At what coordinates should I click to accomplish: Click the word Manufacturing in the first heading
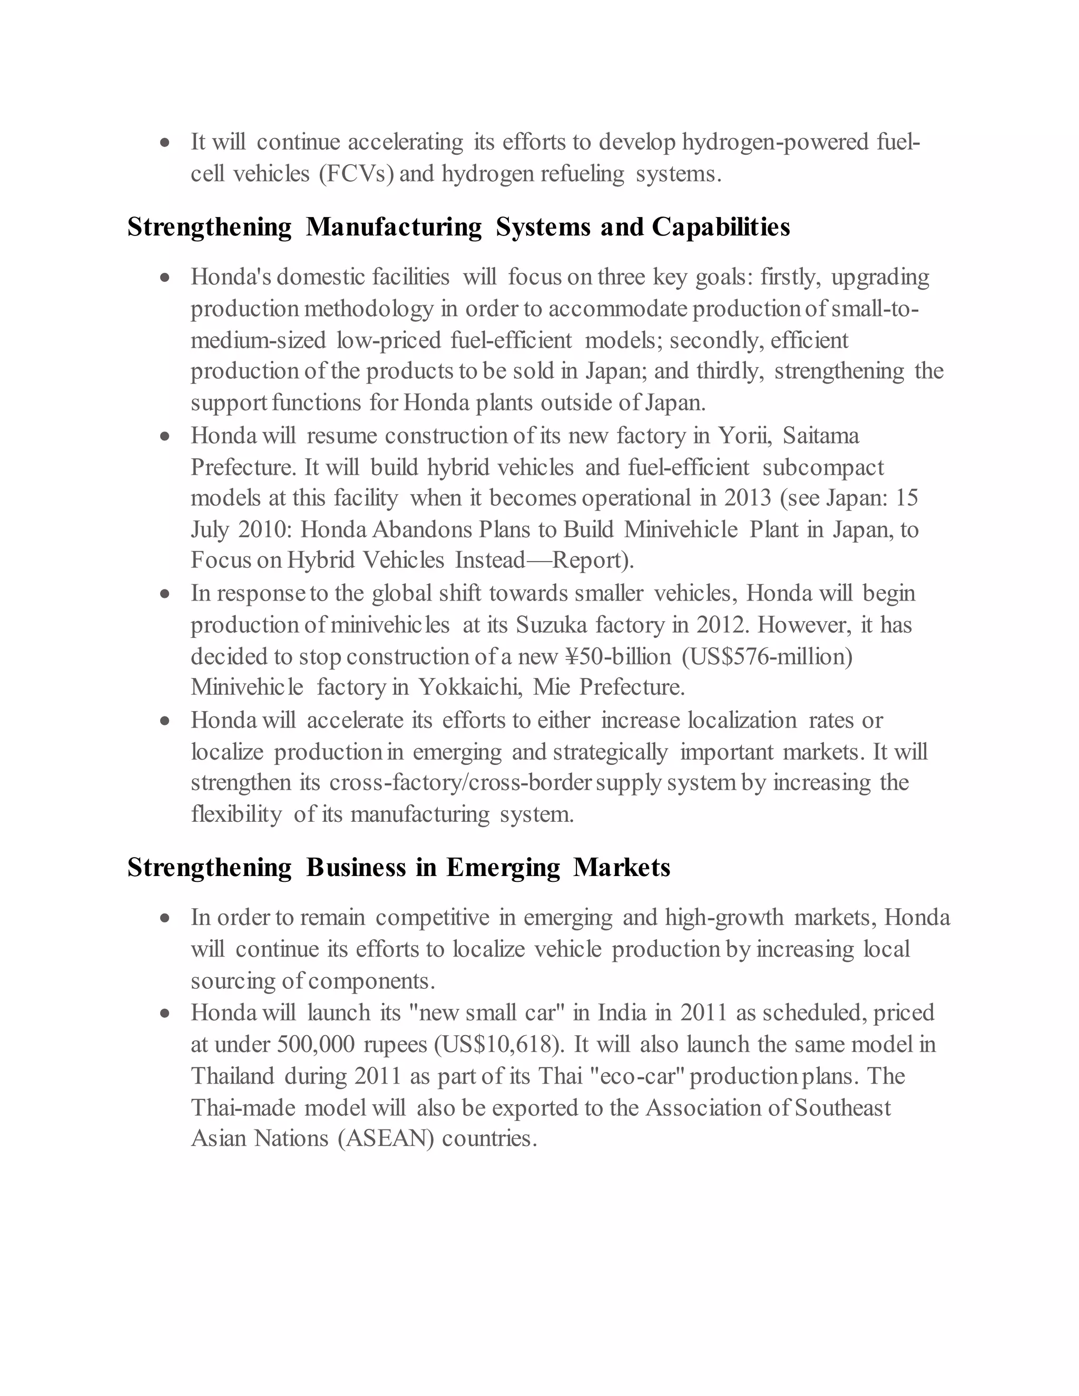(x=394, y=228)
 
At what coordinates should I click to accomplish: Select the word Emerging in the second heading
(x=503, y=868)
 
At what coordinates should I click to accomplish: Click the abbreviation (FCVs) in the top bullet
(x=356, y=174)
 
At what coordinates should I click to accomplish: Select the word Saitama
(x=821, y=436)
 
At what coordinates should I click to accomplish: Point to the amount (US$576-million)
(x=767, y=656)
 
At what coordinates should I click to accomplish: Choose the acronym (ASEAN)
(x=386, y=1138)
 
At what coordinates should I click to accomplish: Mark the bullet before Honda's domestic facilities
(x=165, y=278)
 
